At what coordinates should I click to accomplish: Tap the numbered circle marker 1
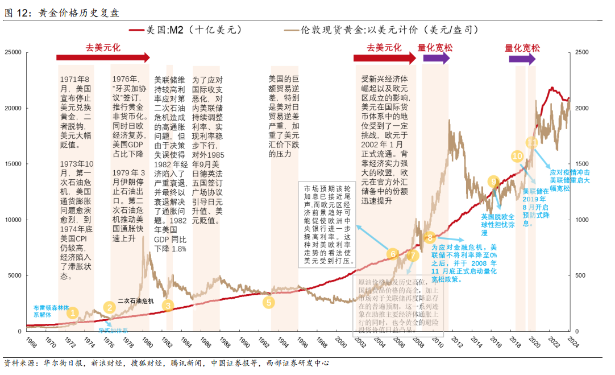click(72, 312)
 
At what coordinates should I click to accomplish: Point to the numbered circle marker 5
click(268, 302)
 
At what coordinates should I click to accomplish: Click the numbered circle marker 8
click(430, 237)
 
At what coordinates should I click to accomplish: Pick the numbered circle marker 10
click(517, 155)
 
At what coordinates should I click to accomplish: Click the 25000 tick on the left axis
click(13, 52)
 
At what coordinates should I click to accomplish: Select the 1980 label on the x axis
click(146, 343)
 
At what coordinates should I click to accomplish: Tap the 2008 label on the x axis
click(419, 343)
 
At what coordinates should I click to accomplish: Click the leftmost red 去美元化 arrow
click(103, 57)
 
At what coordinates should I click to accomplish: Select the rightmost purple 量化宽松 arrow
click(520, 57)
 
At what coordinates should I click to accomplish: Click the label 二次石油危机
click(135, 300)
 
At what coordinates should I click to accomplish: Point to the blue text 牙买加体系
click(113, 330)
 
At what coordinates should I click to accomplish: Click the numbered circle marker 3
click(168, 305)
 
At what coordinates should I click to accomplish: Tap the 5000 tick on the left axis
click(14, 275)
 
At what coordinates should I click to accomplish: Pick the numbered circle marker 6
click(392, 254)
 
